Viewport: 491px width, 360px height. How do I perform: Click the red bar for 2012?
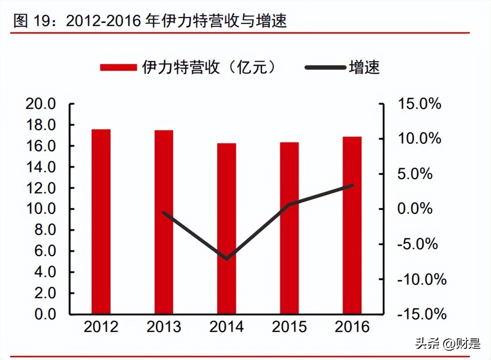pos(101,222)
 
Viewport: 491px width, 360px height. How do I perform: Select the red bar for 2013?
pos(164,222)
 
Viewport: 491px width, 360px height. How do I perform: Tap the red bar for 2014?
pos(226,229)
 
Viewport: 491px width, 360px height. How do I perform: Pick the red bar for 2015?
pos(289,228)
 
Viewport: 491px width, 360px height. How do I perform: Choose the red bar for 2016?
pos(352,226)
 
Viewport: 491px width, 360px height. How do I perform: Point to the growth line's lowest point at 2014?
pos(227,258)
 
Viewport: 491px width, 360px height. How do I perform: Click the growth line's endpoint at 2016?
pos(352,185)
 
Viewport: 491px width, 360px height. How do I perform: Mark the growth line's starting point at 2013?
pos(164,213)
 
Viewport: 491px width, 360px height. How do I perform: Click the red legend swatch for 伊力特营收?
pos(118,67)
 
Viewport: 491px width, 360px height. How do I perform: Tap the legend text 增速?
pos(364,67)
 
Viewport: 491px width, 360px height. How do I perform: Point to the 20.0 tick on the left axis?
pos(41,104)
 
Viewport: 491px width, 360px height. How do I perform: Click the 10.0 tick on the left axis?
pos(41,209)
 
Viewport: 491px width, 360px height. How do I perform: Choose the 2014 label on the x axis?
pos(227,327)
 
